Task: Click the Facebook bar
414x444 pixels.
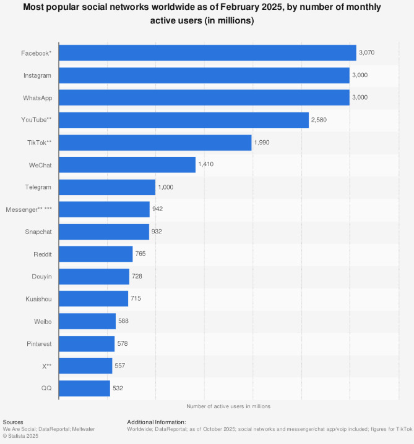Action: point(207,53)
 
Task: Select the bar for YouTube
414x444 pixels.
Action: point(184,120)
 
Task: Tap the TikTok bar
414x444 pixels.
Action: point(155,143)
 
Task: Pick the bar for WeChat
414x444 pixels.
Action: point(127,165)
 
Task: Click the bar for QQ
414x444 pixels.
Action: point(85,388)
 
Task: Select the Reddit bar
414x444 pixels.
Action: point(96,254)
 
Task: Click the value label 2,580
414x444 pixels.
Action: point(319,120)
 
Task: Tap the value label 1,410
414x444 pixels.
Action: point(206,165)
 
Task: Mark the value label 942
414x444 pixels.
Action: point(157,210)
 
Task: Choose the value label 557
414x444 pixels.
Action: point(120,366)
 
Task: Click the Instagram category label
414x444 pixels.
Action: point(38,75)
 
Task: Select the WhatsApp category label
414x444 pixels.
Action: point(37,98)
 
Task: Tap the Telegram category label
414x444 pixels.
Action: point(38,187)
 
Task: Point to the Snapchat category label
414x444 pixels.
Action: point(38,232)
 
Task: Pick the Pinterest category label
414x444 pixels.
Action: point(39,344)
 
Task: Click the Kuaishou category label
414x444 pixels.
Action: point(38,299)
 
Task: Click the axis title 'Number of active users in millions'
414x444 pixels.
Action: point(228,406)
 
